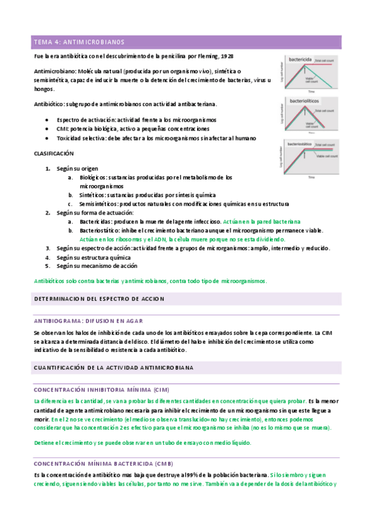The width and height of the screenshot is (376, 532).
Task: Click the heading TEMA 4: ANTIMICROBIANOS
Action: point(78,42)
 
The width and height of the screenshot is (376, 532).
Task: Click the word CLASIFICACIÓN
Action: point(53,153)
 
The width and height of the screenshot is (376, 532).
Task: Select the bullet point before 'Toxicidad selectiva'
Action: point(48,137)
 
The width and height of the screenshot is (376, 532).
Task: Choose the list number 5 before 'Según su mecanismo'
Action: point(48,266)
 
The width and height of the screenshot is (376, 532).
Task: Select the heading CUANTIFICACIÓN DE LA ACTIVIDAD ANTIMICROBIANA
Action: point(113,366)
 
